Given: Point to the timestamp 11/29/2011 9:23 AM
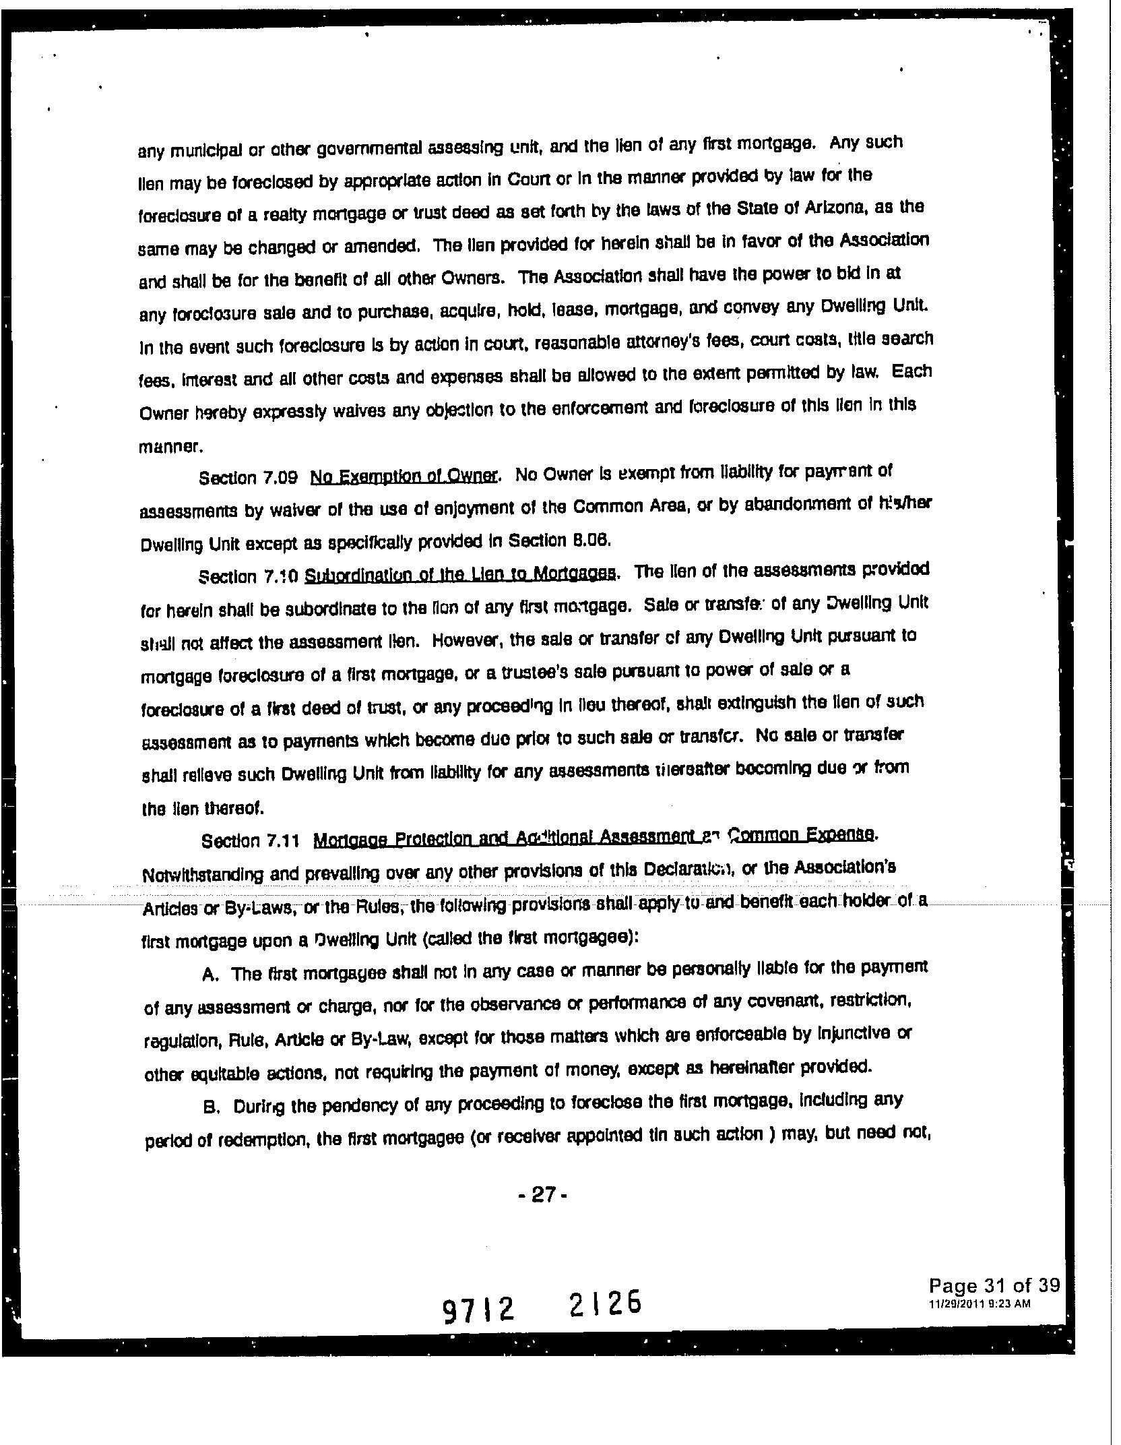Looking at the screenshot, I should (x=979, y=1303).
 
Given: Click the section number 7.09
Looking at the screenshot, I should (x=282, y=478).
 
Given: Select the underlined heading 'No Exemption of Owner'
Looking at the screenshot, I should (x=404, y=476).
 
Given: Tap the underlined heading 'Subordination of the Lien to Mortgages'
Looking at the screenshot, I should (x=460, y=574).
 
